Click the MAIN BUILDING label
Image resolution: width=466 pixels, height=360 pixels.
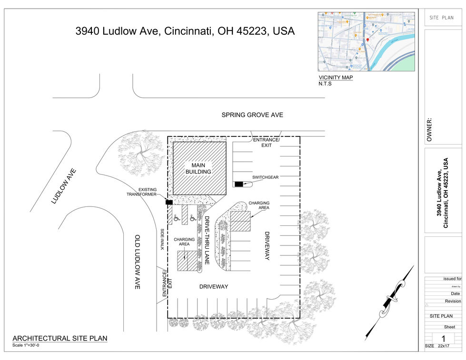(x=198, y=168)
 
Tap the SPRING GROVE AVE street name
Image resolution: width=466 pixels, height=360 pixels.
(x=252, y=115)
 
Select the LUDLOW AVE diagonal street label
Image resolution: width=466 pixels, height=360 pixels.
(x=64, y=186)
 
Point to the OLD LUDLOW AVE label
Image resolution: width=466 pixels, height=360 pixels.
(x=137, y=262)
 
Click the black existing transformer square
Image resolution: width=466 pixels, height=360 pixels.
(x=169, y=202)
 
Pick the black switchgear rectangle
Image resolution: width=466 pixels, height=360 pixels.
(x=238, y=184)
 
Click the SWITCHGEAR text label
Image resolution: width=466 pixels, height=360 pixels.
(x=266, y=177)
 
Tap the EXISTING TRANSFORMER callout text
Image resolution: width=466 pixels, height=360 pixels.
(x=141, y=192)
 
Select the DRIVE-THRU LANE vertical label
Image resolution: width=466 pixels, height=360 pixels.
(x=207, y=240)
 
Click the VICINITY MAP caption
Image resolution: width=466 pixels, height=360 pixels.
(x=336, y=78)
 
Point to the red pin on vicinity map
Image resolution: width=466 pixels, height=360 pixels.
(x=367, y=40)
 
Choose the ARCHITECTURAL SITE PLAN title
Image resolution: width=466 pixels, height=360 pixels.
(x=60, y=339)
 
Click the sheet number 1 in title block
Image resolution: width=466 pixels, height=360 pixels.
(x=443, y=338)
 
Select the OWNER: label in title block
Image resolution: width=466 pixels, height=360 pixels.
(x=429, y=130)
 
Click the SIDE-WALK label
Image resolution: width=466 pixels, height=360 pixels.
(x=162, y=239)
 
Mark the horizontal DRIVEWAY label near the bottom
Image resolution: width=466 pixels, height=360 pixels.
(x=213, y=286)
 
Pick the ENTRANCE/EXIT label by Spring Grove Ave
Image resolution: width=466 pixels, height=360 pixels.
(x=266, y=142)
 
